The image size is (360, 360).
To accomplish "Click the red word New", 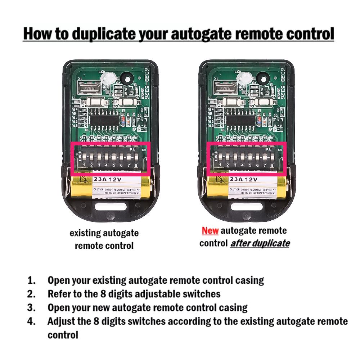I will pos(210,230).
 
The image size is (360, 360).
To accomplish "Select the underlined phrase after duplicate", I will pos(260,243).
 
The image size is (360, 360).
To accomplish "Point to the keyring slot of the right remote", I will pos(248,207).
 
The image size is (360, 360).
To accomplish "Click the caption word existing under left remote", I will pos(85,233).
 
